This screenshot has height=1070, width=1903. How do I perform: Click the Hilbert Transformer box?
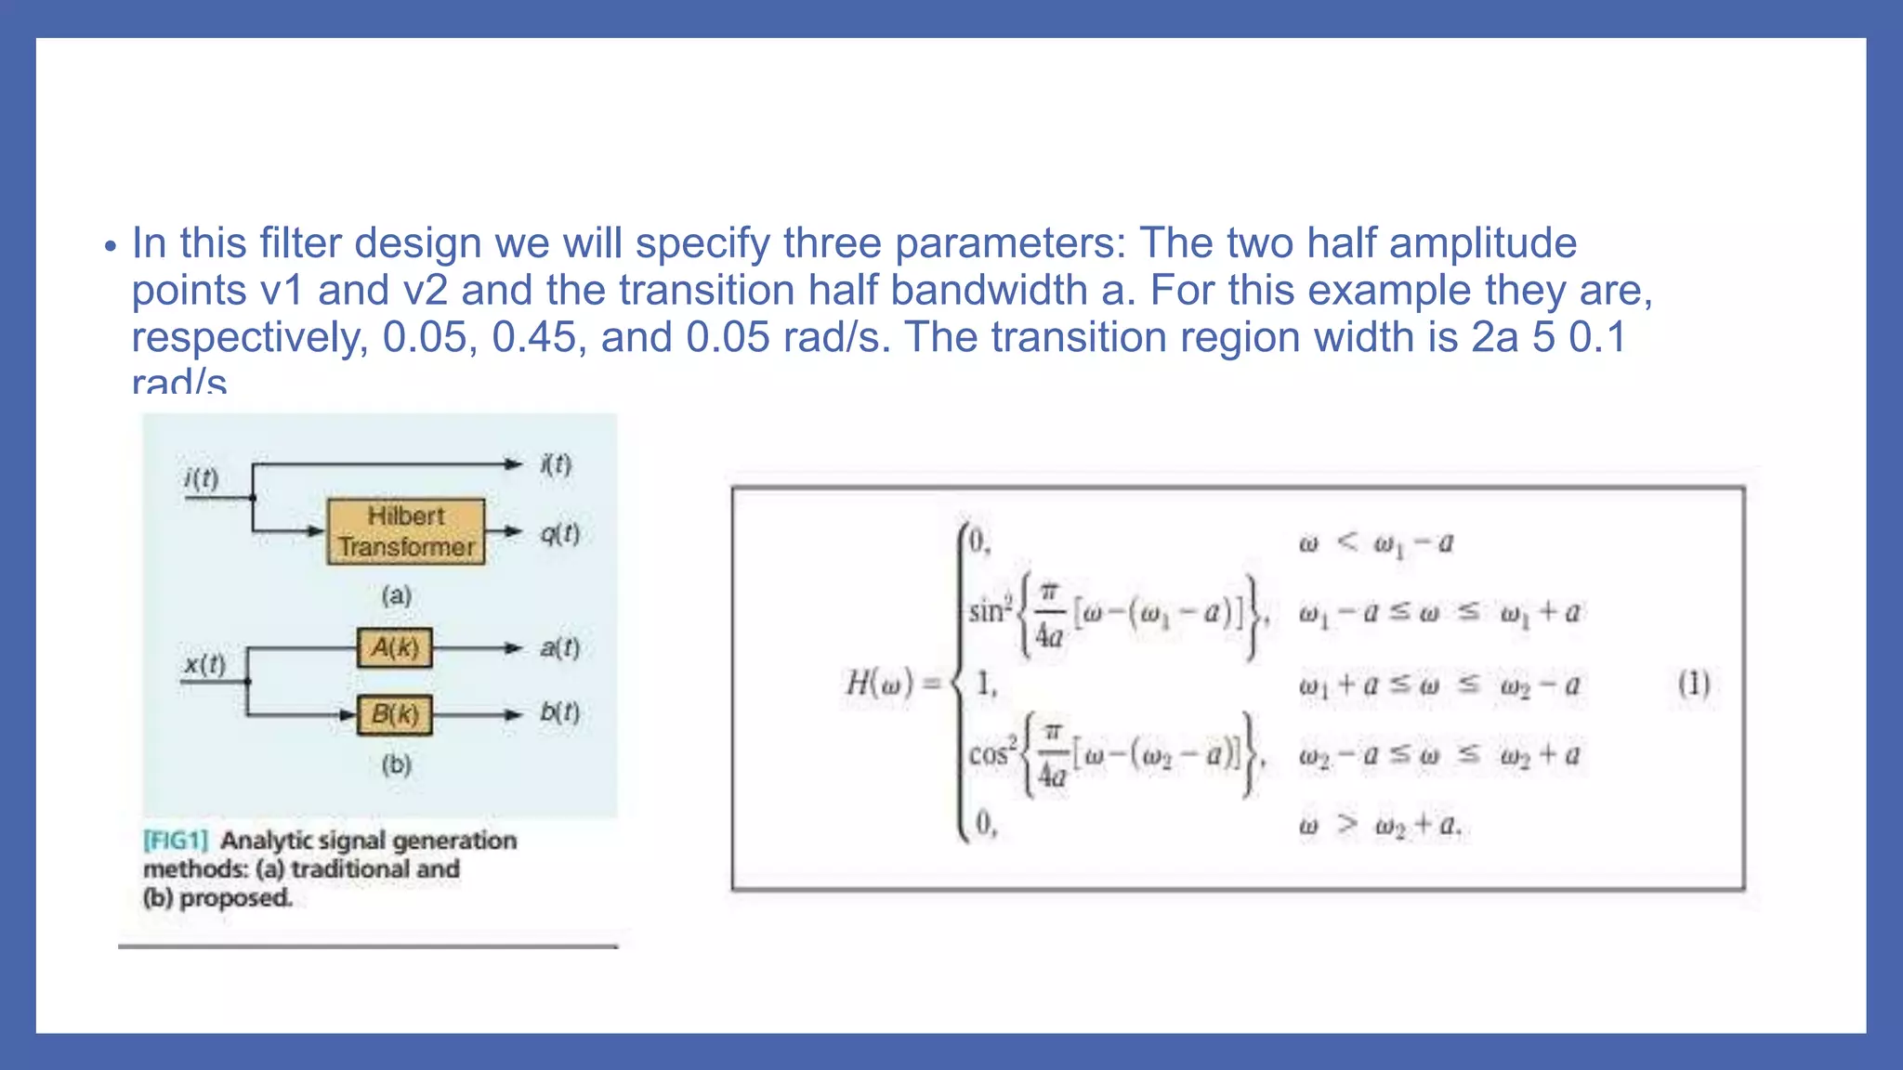406,531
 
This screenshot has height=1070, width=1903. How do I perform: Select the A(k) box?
395,647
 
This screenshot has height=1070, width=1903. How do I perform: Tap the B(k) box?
395,714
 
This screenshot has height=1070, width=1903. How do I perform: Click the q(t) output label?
559,533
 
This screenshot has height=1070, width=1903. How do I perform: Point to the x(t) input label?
204,664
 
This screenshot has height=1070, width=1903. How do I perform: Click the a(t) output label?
559,647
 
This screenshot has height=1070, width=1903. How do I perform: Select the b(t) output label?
559,712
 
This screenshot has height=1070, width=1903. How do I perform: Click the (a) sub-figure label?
397,595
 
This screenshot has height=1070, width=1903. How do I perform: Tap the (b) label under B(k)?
397,764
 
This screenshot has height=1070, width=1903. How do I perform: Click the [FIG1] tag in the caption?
176,841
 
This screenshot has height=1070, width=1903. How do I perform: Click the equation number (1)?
1693,685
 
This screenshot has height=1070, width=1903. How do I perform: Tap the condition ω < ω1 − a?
1375,542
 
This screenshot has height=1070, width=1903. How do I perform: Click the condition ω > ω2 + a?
1379,825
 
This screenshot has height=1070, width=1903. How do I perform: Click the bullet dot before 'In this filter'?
111,248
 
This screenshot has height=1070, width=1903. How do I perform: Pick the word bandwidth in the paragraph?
989,291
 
